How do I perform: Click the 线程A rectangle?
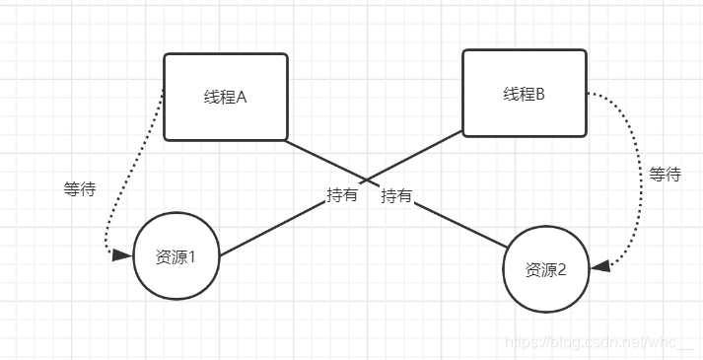pos(225,97)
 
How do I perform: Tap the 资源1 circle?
pos(176,256)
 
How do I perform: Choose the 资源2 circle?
pos(546,269)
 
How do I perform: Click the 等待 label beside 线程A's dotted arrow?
pos(79,189)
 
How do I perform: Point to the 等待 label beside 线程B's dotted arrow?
pos(665,175)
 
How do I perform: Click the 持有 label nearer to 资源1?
pos(342,195)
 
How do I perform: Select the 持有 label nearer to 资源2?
pos(396,195)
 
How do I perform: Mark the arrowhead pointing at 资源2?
pos(599,266)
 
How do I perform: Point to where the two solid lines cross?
pos(367,180)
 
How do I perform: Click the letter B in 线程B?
pos(539,94)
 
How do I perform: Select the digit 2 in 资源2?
pos(562,269)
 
